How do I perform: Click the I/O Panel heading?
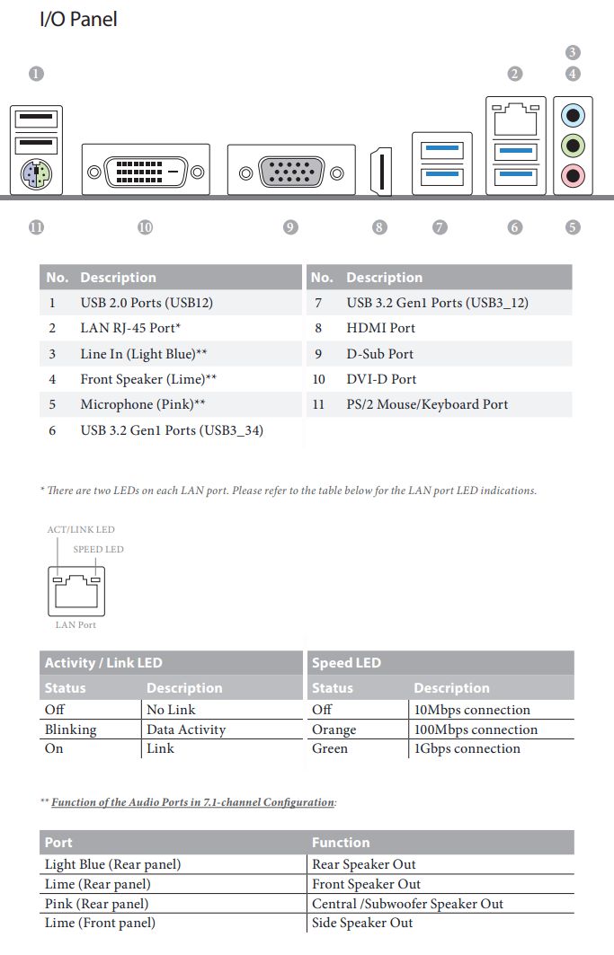(x=78, y=19)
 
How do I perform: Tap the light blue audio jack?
(x=573, y=115)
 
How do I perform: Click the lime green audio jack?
(x=573, y=144)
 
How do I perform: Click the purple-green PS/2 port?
(x=36, y=173)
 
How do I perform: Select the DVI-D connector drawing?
(x=146, y=170)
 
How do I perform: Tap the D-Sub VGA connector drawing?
(x=290, y=170)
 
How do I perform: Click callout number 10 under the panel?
(x=146, y=227)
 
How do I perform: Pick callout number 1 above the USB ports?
(x=36, y=74)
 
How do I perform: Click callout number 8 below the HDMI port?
(x=379, y=227)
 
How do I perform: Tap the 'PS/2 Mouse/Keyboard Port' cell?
(x=427, y=404)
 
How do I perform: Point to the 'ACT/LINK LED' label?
(x=81, y=530)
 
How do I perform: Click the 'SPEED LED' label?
(x=98, y=549)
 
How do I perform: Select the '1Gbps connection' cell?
(x=466, y=748)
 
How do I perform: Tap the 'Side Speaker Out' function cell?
(x=362, y=923)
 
